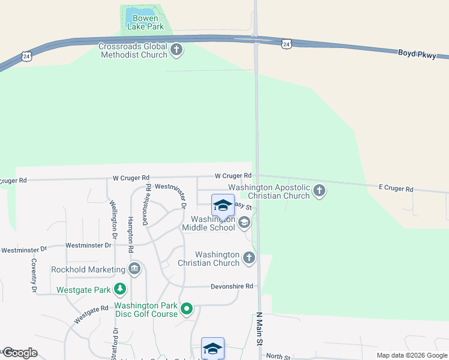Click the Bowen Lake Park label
(145, 22)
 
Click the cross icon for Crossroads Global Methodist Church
(176, 50)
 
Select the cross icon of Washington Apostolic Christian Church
(319, 191)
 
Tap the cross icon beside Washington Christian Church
(249, 259)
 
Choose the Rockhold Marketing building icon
(134, 269)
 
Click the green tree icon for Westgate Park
(120, 290)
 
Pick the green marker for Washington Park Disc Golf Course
(187, 309)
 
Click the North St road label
(278, 356)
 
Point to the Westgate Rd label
(92, 314)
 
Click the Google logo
(20, 353)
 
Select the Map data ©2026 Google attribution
(411, 355)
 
